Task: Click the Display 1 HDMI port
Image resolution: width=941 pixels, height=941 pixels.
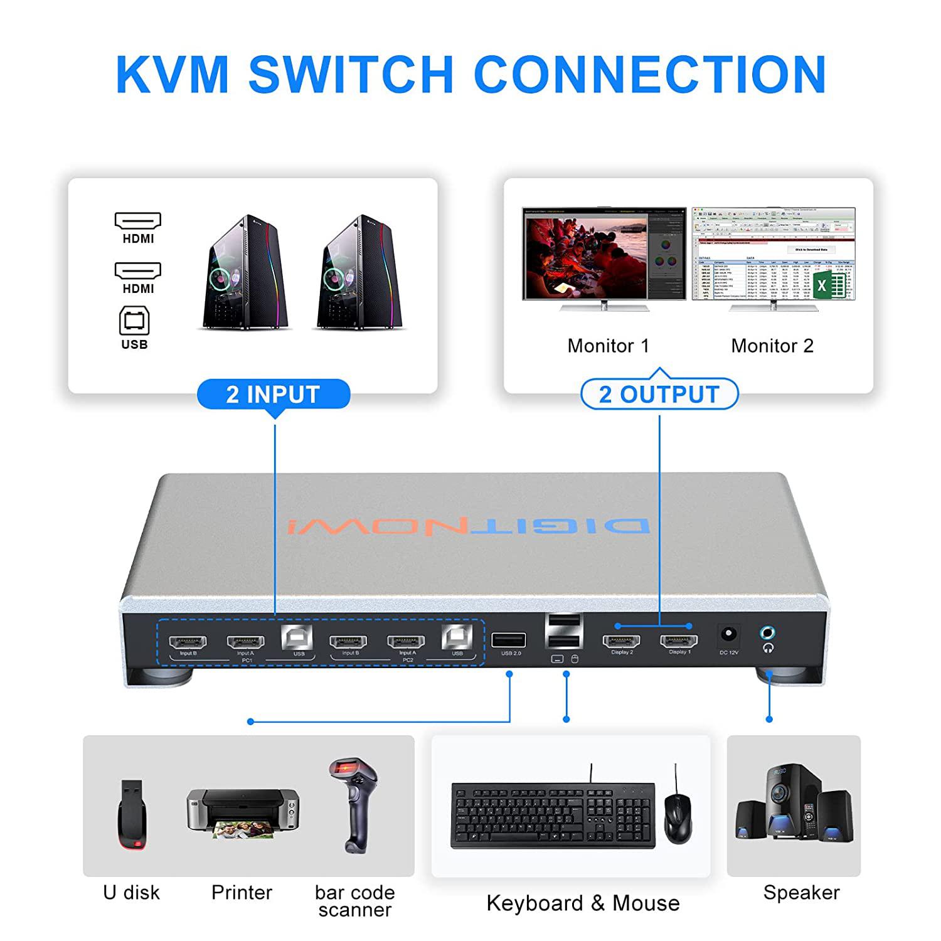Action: click(x=679, y=641)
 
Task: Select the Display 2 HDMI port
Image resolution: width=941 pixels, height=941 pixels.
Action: click(x=621, y=641)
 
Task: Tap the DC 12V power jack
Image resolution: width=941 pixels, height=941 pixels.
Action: click(x=728, y=634)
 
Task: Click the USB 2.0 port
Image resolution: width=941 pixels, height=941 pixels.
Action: click(x=509, y=640)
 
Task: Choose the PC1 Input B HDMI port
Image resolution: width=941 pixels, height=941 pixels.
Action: click(x=188, y=642)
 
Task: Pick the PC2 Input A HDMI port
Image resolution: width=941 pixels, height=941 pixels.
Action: click(x=406, y=642)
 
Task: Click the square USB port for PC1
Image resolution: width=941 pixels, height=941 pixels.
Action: click(x=297, y=637)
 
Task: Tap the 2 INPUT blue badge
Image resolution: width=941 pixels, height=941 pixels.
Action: click(x=274, y=395)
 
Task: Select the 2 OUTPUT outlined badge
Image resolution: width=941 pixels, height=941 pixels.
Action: click(x=659, y=395)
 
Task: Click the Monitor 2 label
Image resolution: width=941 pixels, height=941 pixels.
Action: click(x=772, y=346)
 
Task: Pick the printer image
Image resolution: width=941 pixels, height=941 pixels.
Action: click(x=243, y=812)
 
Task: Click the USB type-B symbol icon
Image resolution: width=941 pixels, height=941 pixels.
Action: click(x=134, y=321)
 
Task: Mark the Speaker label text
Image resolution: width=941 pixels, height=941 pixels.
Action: click(x=801, y=892)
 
